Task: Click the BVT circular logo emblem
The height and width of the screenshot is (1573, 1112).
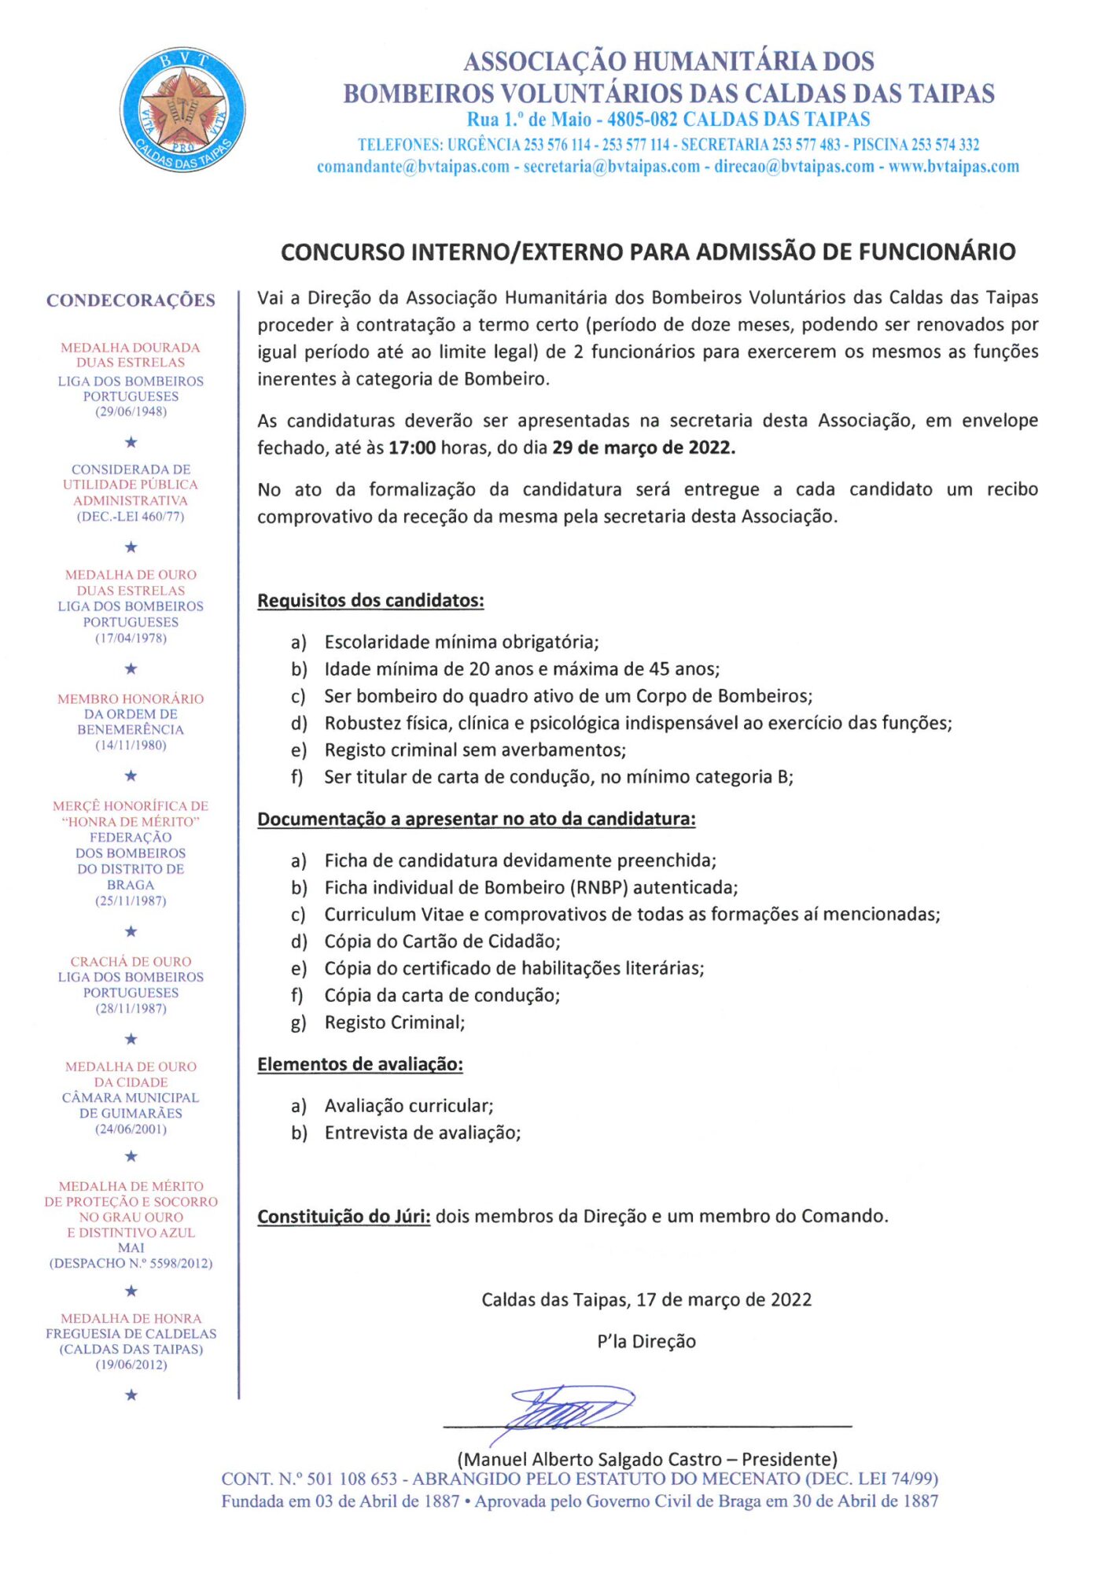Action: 182,110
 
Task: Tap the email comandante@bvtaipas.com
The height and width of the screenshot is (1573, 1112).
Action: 413,167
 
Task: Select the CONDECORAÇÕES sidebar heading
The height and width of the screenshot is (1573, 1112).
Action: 131,300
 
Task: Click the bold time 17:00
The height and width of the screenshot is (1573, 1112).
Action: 412,448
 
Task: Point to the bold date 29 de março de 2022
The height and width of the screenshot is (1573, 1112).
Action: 643,448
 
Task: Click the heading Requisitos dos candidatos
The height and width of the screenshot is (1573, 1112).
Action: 370,601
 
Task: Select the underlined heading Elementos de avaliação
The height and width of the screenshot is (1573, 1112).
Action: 360,1065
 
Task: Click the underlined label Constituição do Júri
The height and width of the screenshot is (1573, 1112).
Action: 344,1217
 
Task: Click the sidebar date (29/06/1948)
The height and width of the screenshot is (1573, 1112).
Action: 131,411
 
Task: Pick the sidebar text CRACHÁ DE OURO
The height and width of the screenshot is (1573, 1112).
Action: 131,962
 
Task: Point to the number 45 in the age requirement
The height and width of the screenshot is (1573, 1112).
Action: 660,669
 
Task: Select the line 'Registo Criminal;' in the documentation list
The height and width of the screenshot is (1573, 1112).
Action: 395,1022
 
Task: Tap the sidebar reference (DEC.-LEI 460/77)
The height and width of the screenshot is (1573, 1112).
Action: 131,517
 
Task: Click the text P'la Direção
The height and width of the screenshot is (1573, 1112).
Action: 646,1342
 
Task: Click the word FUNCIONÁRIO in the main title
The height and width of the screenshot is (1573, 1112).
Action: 937,252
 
